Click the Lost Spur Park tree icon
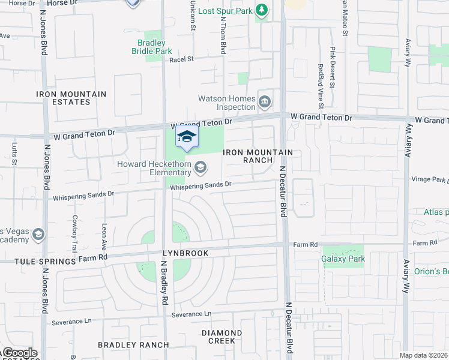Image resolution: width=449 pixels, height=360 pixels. point(262,10)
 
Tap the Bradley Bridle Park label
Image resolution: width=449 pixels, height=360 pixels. point(155,47)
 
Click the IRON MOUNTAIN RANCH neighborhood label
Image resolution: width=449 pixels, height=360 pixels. point(258,156)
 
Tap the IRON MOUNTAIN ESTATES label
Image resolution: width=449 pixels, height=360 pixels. point(71,98)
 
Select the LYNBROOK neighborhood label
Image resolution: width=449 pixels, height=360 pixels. point(186,253)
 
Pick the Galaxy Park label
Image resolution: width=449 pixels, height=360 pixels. point(343,259)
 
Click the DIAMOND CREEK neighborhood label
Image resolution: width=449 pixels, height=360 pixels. point(221,337)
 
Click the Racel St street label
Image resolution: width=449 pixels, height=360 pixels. point(182,59)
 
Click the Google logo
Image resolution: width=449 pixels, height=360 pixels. point(19,353)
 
